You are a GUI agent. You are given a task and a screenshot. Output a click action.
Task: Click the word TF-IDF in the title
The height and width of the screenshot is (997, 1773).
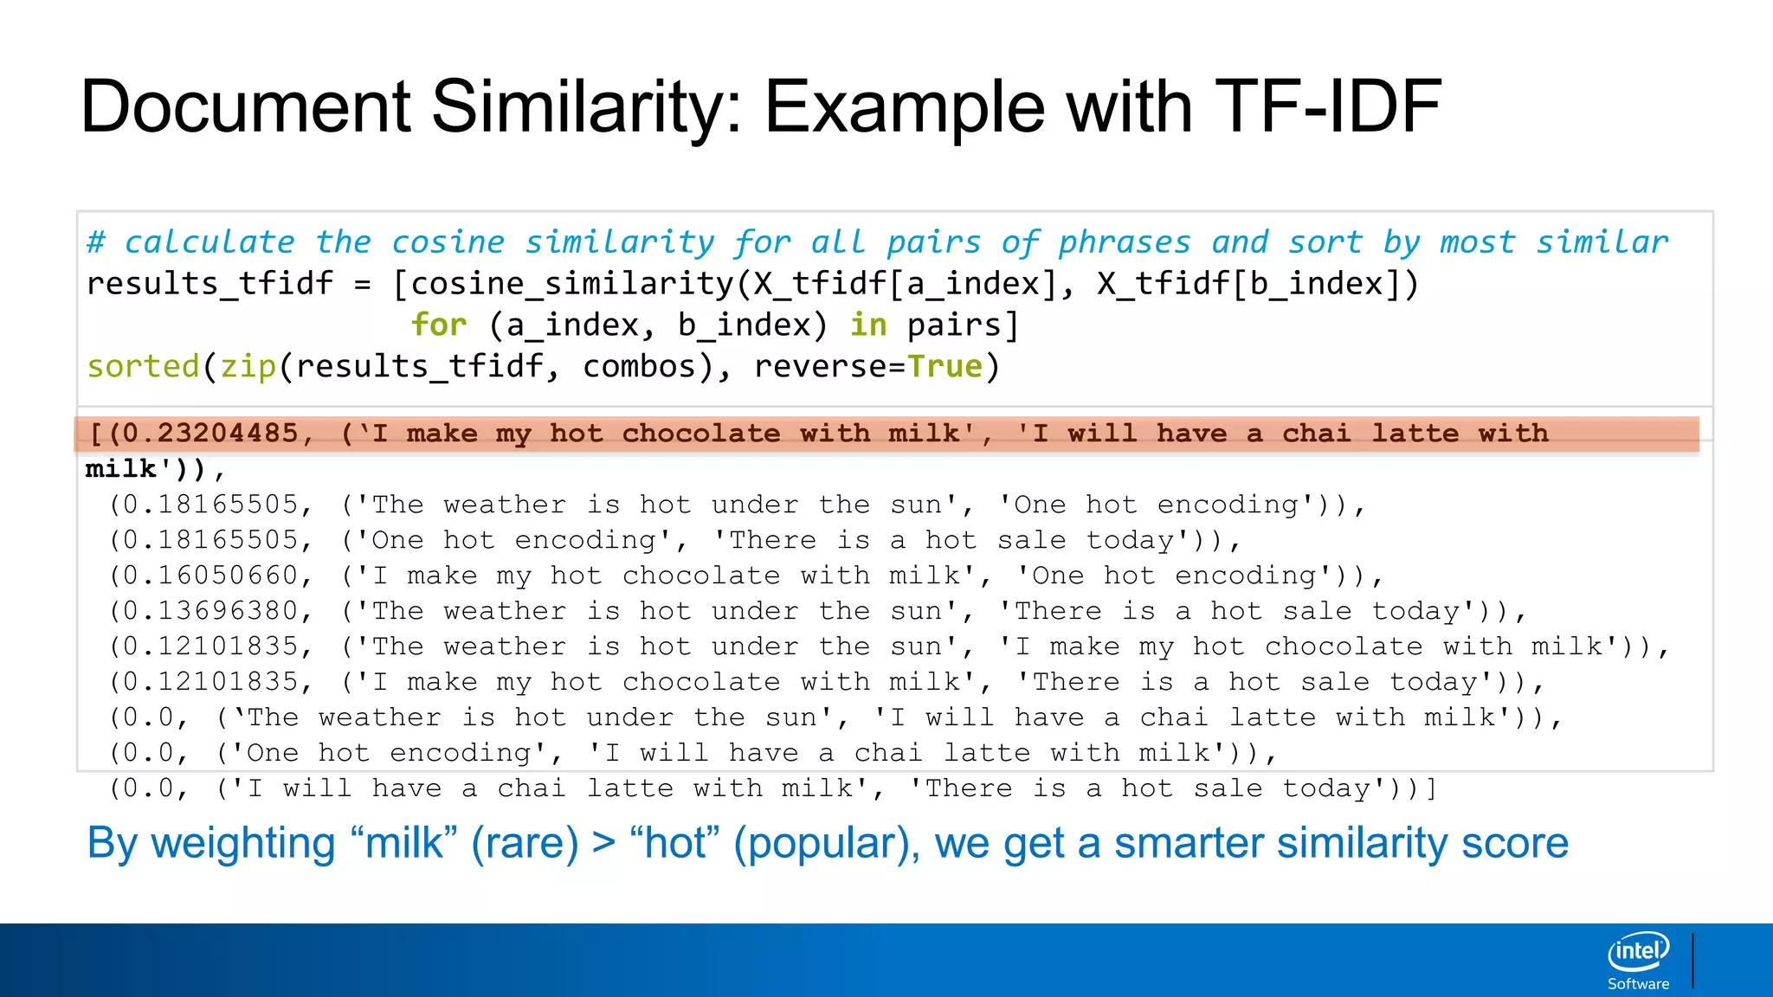(x=1328, y=107)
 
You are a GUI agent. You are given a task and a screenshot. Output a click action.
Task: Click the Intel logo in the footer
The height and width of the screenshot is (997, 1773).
(x=1638, y=952)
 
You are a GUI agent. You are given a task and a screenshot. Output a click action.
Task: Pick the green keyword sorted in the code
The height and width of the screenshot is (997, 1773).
(x=143, y=366)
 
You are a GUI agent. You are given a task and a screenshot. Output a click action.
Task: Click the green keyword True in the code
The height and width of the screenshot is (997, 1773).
(x=945, y=366)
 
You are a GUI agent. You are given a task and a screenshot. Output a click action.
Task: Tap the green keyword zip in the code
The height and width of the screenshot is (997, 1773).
(x=248, y=366)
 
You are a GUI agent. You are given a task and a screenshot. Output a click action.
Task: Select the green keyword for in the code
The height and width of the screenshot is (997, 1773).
(x=439, y=325)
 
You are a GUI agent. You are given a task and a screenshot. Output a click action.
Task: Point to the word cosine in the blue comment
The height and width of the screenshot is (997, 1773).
(x=448, y=242)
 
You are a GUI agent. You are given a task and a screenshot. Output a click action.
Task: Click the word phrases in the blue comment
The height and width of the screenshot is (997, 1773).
(x=1125, y=242)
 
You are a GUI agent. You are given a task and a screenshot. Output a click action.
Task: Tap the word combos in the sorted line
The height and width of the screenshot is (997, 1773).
(x=640, y=366)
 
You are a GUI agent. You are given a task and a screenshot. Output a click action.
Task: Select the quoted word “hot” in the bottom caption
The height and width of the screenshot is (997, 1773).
(x=675, y=843)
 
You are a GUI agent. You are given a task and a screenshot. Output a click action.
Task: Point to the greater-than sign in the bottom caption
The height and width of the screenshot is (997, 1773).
(x=603, y=843)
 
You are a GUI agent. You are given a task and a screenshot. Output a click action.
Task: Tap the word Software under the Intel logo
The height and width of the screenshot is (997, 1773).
(x=1638, y=984)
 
